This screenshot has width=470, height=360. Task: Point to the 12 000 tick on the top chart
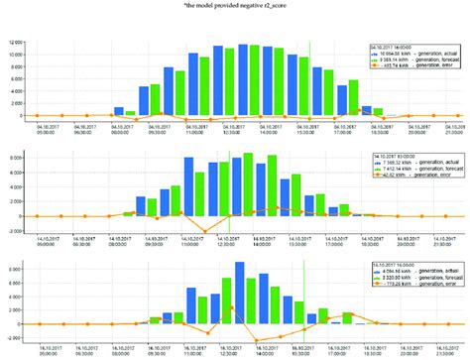pyautogui.click(x=13, y=42)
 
